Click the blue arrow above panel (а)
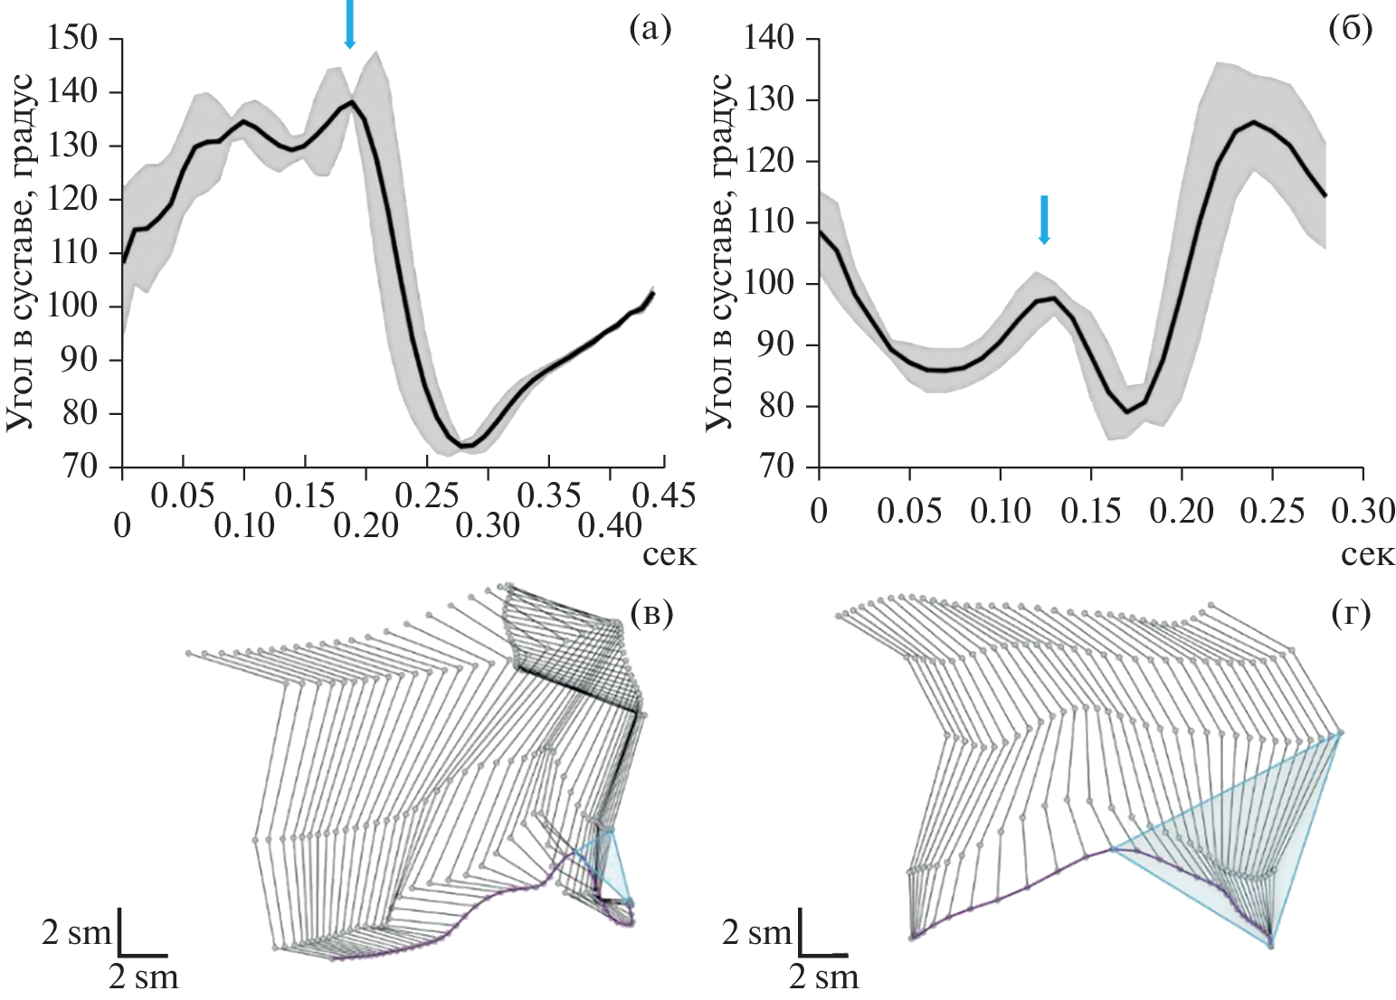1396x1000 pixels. click(x=350, y=24)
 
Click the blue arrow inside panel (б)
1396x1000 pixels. click(x=1044, y=220)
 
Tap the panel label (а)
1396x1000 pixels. click(x=650, y=31)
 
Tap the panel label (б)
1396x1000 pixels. click(x=1350, y=31)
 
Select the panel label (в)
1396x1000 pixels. click(x=650, y=614)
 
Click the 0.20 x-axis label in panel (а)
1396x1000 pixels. click(x=367, y=524)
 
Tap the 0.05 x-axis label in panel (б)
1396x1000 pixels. click(x=909, y=512)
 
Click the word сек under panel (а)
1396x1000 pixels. click(x=670, y=553)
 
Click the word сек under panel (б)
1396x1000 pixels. click(x=1368, y=553)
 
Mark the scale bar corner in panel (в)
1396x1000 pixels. click(x=121, y=954)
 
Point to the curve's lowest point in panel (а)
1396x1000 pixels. click(x=464, y=446)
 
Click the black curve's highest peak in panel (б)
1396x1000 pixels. click(x=1254, y=121)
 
